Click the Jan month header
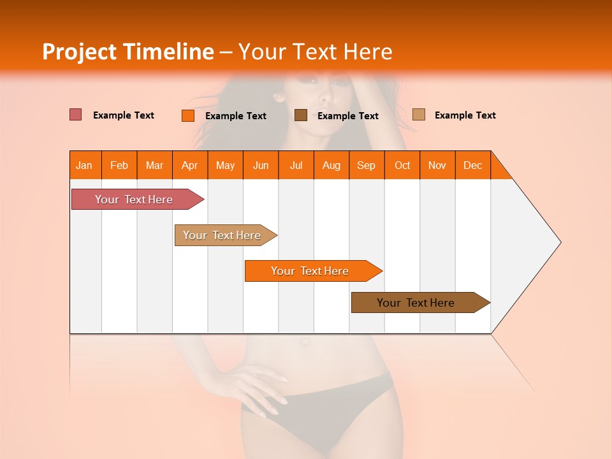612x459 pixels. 84,165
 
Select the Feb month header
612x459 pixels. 119,165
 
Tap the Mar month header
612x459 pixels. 154,165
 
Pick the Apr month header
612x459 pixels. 190,165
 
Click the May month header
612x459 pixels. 225,165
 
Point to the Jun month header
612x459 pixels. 261,165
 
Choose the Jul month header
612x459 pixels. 296,165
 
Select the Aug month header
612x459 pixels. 331,165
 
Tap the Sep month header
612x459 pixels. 367,165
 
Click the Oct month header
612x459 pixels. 402,165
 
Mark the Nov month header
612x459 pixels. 437,165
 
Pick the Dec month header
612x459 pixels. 473,165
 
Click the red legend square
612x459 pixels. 76,115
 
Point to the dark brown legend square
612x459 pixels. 301,115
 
